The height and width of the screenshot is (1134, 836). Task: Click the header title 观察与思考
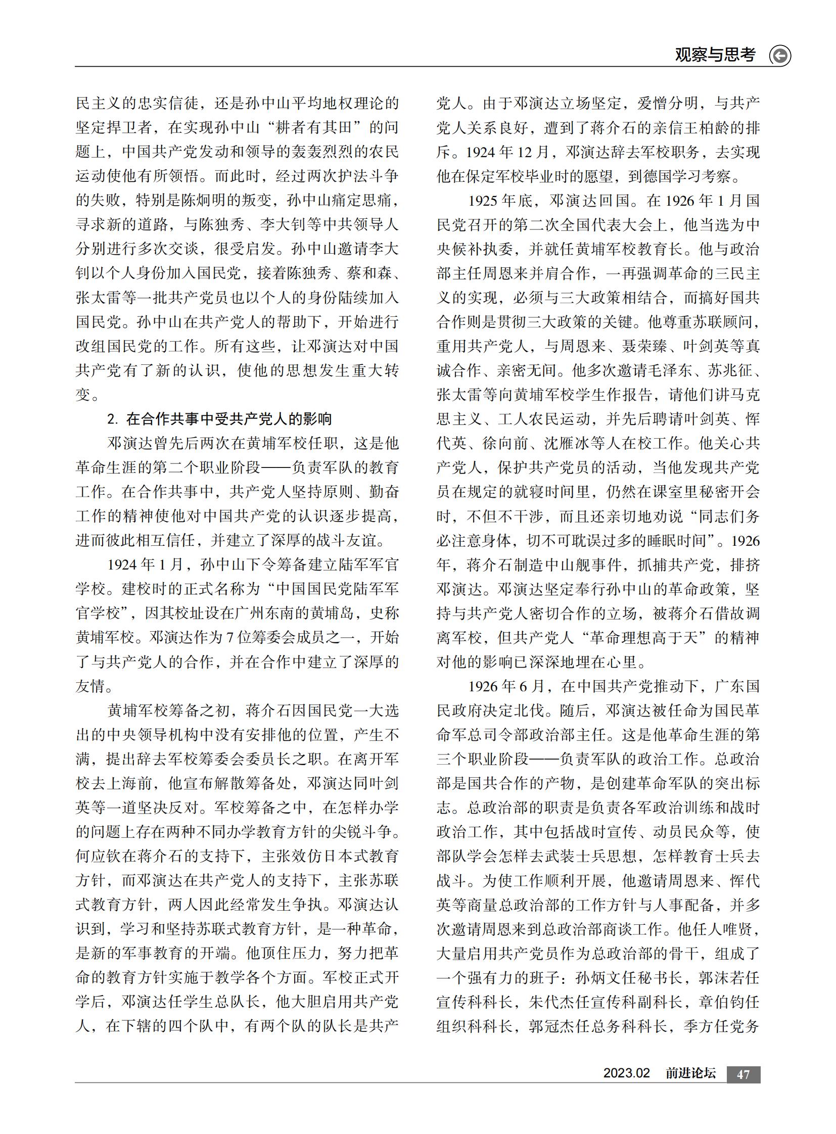click(x=715, y=55)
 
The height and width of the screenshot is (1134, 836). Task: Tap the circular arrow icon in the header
click(x=780, y=56)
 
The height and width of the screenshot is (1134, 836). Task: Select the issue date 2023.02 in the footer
click(x=626, y=1073)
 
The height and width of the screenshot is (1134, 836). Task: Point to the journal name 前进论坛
click(x=690, y=1073)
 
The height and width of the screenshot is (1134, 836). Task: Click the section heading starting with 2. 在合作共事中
click(x=219, y=419)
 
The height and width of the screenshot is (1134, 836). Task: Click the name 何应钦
click(x=98, y=856)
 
